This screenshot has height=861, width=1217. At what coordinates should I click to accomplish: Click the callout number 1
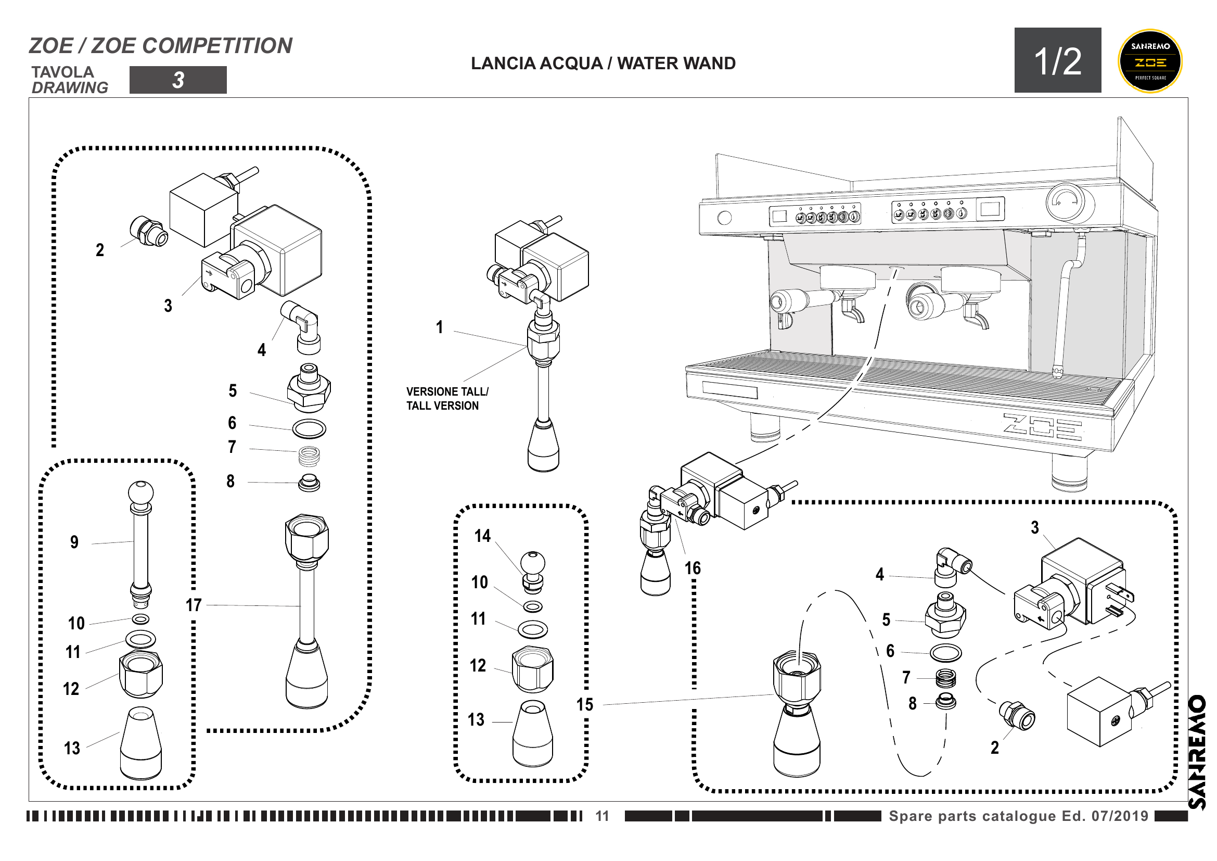[x=440, y=327]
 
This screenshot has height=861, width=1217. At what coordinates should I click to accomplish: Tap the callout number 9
[x=75, y=542]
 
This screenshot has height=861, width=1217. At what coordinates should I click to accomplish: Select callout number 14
[x=482, y=536]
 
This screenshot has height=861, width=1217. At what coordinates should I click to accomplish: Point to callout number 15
[x=585, y=705]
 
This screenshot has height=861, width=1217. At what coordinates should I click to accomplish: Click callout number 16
[x=692, y=568]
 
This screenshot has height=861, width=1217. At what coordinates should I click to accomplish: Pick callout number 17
[x=194, y=605]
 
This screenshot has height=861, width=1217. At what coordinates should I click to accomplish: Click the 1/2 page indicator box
[x=1057, y=60]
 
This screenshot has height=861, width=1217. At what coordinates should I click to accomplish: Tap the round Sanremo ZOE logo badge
[x=1150, y=61]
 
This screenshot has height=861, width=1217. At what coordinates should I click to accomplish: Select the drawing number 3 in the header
[x=178, y=80]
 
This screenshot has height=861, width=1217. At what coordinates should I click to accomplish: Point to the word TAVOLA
[x=62, y=72]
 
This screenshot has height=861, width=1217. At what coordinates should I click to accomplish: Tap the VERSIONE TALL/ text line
[x=447, y=392]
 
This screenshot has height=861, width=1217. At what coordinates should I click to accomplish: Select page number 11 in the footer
[x=602, y=816]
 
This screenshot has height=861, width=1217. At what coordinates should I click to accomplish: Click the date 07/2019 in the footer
[x=1120, y=816]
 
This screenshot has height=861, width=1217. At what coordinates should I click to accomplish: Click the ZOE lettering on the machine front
[x=1042, y=427]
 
